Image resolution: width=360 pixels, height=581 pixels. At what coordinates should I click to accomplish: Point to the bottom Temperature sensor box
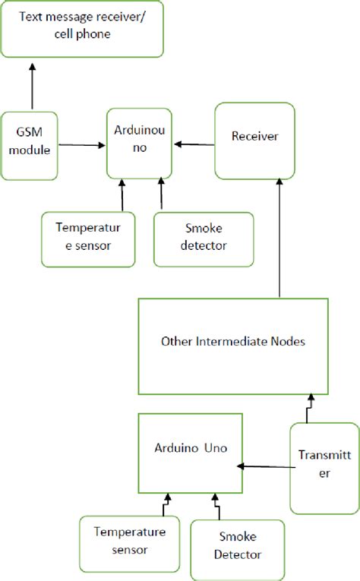click(130, 540)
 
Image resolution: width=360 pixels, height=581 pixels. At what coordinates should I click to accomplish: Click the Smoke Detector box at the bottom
click(238, 546)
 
